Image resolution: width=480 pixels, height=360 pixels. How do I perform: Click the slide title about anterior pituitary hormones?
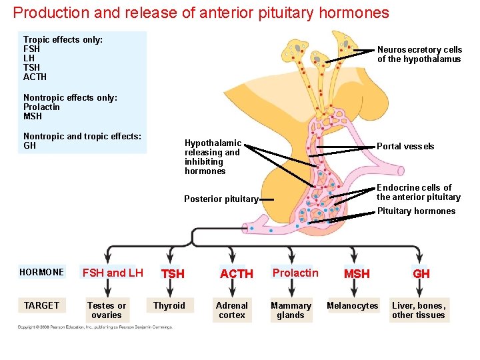(201, 13)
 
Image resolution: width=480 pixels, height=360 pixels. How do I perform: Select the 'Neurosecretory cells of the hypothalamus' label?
(419, 54)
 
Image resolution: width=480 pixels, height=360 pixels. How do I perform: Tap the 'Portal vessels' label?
(405, 146)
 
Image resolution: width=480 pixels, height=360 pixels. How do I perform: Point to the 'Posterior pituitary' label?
(221, 199)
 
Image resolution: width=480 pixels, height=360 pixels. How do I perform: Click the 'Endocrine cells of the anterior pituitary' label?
(418, 192)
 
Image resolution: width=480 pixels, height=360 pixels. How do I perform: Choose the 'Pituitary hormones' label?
(416, 211)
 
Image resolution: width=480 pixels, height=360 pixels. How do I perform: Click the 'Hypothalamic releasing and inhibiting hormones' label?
(213, 157)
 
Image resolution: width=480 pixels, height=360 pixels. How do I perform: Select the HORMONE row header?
(42, 272)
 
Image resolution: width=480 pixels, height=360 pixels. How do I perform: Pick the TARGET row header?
(42, 305)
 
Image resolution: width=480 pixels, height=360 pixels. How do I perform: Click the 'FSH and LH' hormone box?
(113, 273)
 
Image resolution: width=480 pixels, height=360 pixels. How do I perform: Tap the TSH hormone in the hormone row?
(173, 274)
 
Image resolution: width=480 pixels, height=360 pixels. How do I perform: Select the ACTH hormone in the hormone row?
(236, 274)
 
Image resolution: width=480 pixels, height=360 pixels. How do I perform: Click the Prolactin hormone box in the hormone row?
(295, 273)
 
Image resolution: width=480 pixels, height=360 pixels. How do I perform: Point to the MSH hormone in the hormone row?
(357, 274)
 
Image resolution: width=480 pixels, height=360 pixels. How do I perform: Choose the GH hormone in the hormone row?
(421, 274)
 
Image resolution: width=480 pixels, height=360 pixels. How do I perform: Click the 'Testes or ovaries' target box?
(107, 310)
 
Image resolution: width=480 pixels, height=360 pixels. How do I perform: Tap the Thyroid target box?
(169, 305)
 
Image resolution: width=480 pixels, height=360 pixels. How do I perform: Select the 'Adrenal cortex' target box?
(232, 310)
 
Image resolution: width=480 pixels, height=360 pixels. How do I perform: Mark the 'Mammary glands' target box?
(291, 310)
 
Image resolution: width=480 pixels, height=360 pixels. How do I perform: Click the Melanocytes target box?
(352, 305)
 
